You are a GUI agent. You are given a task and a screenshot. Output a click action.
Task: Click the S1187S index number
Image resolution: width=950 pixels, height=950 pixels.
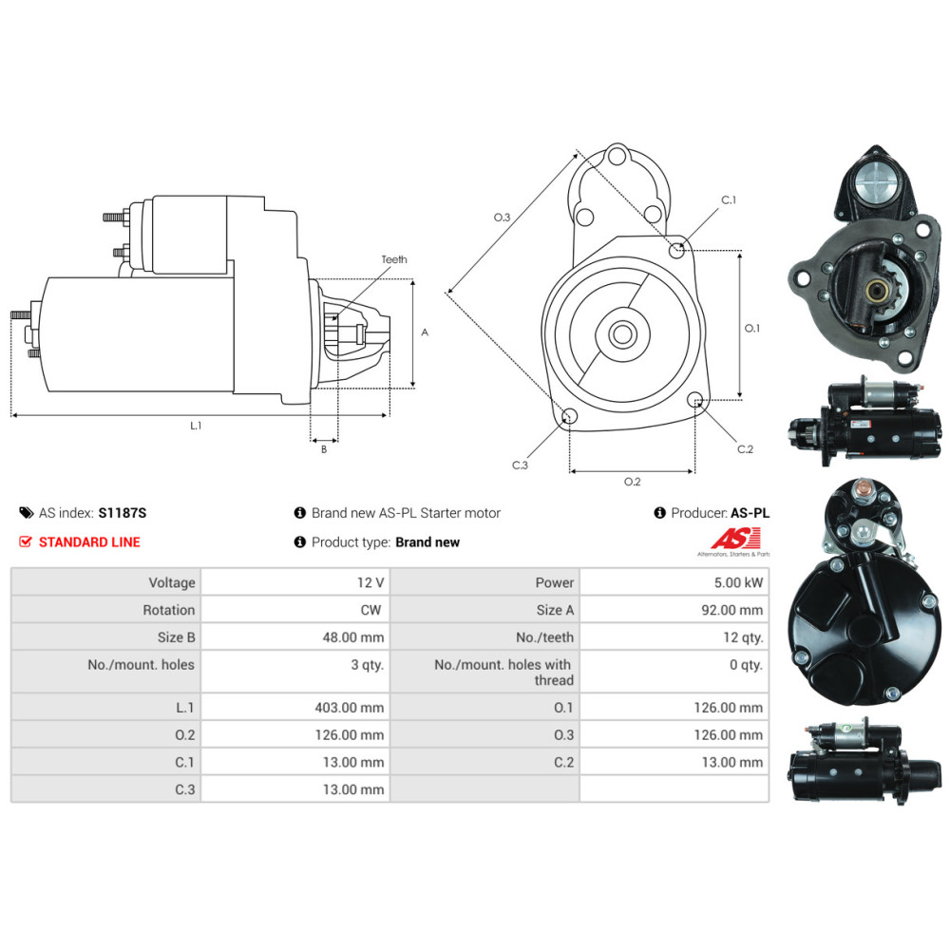[123, 513]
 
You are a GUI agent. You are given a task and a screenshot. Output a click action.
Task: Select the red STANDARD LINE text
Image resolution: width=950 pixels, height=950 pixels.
[89, 542]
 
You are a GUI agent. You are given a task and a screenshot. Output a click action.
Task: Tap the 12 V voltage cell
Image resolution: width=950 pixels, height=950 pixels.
[369, 582]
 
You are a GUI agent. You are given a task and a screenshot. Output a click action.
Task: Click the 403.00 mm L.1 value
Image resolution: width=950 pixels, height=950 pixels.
[350, 708]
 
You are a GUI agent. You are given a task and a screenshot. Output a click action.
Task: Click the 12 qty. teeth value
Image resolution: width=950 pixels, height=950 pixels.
[743, 637]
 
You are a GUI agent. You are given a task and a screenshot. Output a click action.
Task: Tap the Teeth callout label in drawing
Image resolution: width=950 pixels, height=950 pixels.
[394, 259]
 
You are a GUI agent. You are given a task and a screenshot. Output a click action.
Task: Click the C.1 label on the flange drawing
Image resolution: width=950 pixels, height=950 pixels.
[729, 200]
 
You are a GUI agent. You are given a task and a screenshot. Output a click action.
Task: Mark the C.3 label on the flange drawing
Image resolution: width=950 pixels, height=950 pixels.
[520, 465]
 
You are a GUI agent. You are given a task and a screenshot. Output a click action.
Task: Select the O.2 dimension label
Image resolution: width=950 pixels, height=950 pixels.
[632, 482]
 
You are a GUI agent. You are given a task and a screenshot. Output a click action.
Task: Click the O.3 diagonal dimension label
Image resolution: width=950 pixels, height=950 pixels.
[502, 218]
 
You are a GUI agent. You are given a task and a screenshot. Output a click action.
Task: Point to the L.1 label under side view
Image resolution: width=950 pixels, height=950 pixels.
[196, 426]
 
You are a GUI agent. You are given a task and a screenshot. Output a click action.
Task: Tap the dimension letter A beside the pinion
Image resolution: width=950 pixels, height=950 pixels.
[425, 332]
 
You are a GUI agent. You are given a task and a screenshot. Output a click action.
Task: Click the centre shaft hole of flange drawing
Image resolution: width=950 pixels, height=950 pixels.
[623, 333]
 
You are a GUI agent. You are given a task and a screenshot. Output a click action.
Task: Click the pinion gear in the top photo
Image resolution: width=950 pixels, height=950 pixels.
[869, 288]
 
